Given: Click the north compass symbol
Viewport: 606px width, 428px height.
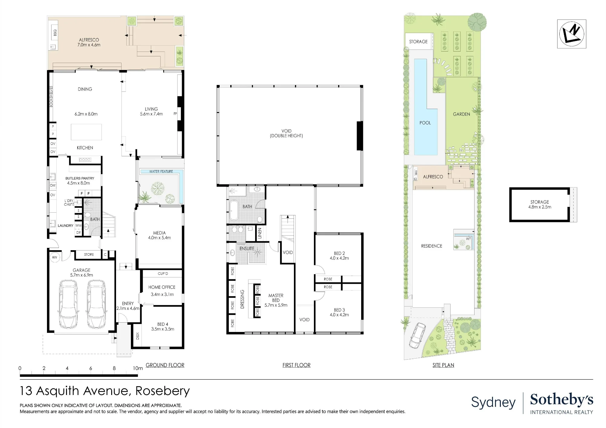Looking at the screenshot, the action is pos(571,34).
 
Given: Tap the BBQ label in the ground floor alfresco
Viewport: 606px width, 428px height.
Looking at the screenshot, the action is pos(55,32).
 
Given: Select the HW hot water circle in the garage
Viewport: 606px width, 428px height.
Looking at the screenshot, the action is pos(55,257).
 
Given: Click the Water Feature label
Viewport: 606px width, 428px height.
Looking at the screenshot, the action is pos(161,171).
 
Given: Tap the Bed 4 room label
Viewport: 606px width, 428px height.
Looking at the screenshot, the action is pos(163,324).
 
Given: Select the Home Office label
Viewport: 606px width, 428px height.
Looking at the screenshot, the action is pos(162,287).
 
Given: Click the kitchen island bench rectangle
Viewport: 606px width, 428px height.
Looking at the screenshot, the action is pos(86,132).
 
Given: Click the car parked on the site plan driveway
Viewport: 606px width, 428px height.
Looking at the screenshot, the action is pos(417,335).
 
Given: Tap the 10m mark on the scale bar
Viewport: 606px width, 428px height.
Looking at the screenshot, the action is pos(138,368).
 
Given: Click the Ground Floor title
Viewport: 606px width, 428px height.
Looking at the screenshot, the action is pos(165,365).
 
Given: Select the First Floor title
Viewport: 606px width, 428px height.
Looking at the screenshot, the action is pos(296,365).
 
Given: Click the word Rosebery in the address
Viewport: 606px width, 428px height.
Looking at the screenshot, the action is pos(162,391).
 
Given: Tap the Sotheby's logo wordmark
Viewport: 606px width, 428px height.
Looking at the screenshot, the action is pos(561,400).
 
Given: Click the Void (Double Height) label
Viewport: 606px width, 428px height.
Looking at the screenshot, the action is pos(286,133).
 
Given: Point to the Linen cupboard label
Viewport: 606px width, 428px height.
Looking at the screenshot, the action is pos(260,233).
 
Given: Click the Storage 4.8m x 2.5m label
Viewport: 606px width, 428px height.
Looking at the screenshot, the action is pos(540,204).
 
